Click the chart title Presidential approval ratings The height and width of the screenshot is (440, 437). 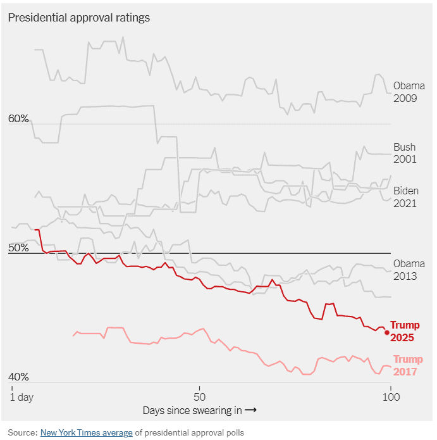[79, 18]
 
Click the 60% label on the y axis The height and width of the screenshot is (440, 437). [18, 118]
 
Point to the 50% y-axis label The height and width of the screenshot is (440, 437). [18, 248]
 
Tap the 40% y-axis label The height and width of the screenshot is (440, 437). [18, 377]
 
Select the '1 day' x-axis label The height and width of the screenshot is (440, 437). [22, 397]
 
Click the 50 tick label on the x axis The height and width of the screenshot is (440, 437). [199, 397]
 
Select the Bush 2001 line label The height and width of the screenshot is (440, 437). [405, 153]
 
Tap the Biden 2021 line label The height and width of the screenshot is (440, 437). [405, 197]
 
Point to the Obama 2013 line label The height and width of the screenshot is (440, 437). [409, 270]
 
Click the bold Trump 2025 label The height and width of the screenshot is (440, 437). [404, 331]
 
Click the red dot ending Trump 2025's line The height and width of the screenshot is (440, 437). [387, 332]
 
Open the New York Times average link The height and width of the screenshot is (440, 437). [87, 432]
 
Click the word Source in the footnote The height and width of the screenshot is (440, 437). [22, 432]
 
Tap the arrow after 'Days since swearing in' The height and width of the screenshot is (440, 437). [250, 410]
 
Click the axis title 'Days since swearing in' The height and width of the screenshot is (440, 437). [192, 410]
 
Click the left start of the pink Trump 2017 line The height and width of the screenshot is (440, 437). [73, 336]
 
